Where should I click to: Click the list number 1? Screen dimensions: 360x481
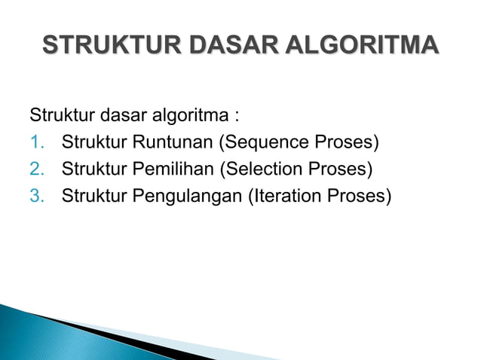[37, 142]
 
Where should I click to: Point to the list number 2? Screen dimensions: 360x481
[37, 169]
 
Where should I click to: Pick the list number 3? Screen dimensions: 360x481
[37, 195]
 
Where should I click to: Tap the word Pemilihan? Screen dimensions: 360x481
[171, 169]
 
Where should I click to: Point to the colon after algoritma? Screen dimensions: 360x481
[237, 118]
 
